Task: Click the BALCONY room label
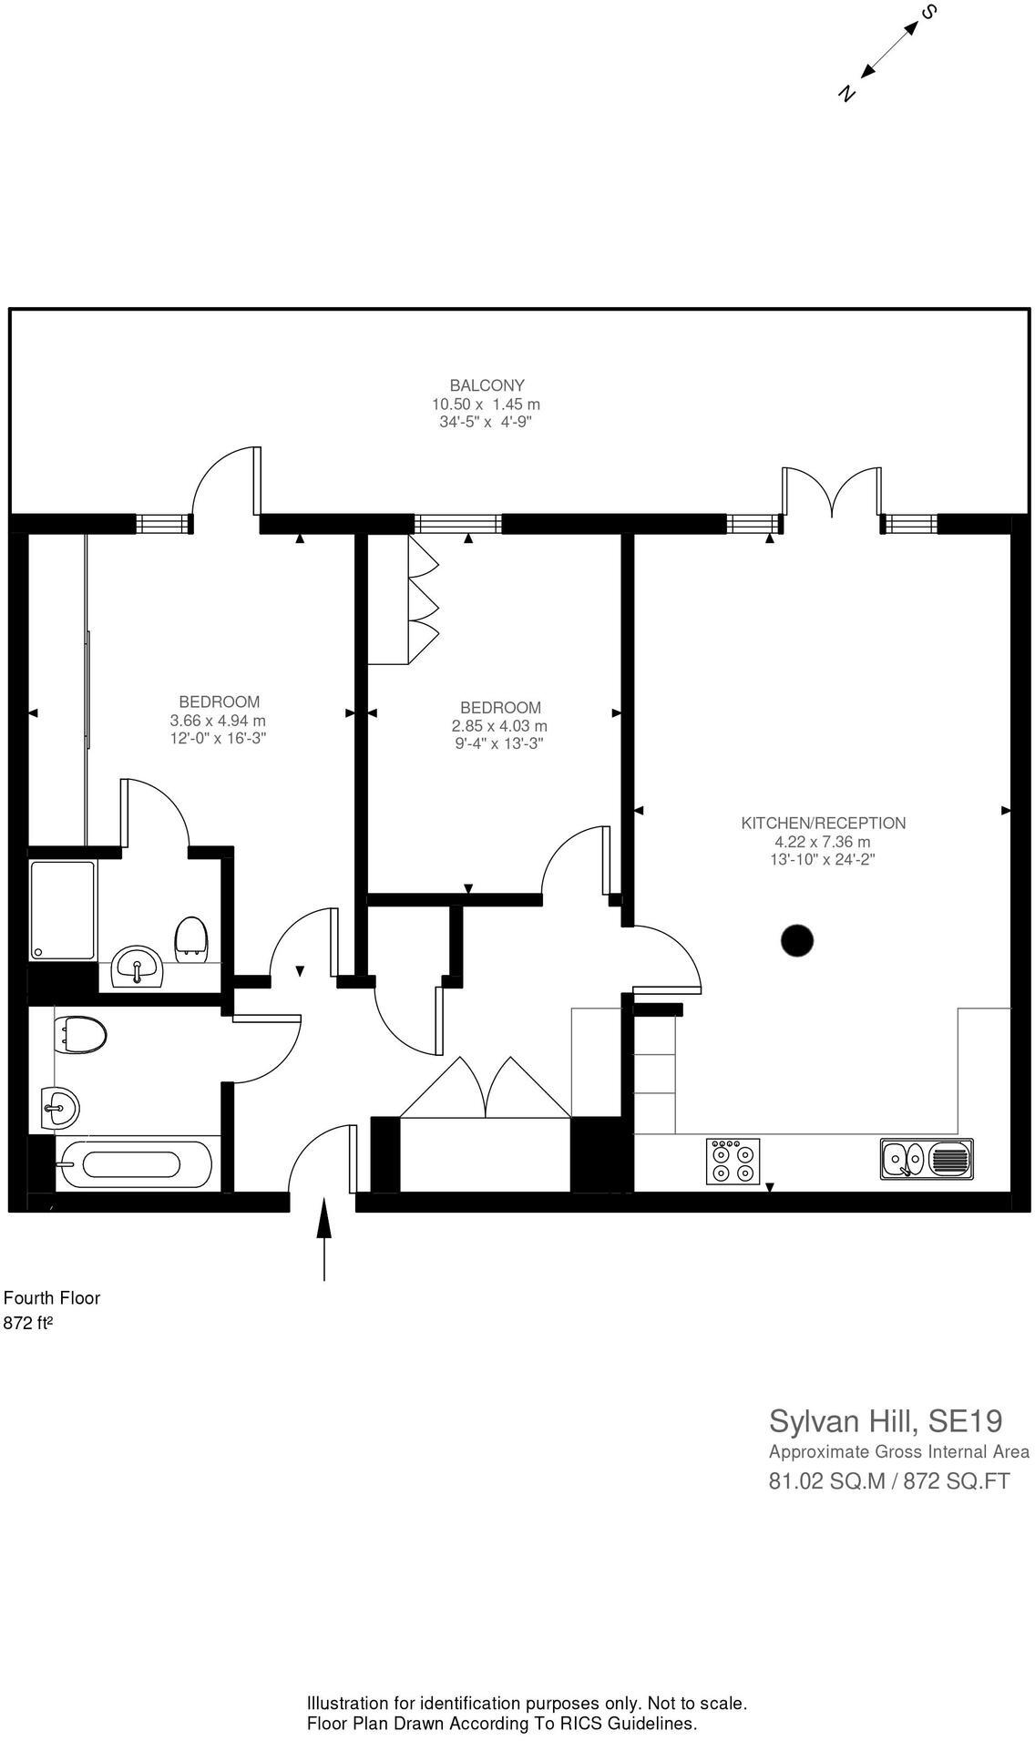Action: coord(487,385)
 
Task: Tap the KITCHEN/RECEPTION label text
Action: coord(823,823)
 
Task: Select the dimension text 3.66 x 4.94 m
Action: coord(218,720)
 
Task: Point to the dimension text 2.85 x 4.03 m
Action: coord(499,726)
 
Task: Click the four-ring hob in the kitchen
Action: coord(733,1162)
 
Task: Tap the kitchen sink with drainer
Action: coord(926,1159)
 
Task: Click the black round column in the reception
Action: coord(797,940)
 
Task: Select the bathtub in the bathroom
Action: coord(133,1164)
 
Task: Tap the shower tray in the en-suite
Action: coord(62,909)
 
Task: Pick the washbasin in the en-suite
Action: coord(137,968)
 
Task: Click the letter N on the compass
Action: coord(847,93)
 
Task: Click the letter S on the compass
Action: coord(929,12)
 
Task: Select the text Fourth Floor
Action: coord(52,1297)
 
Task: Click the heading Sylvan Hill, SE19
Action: coord(886,1420)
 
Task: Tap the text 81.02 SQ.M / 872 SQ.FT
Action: coord(889,1480)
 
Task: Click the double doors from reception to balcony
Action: coord(831,493)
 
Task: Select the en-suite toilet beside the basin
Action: coord(190,938)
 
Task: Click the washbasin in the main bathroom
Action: coord(60,1108)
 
